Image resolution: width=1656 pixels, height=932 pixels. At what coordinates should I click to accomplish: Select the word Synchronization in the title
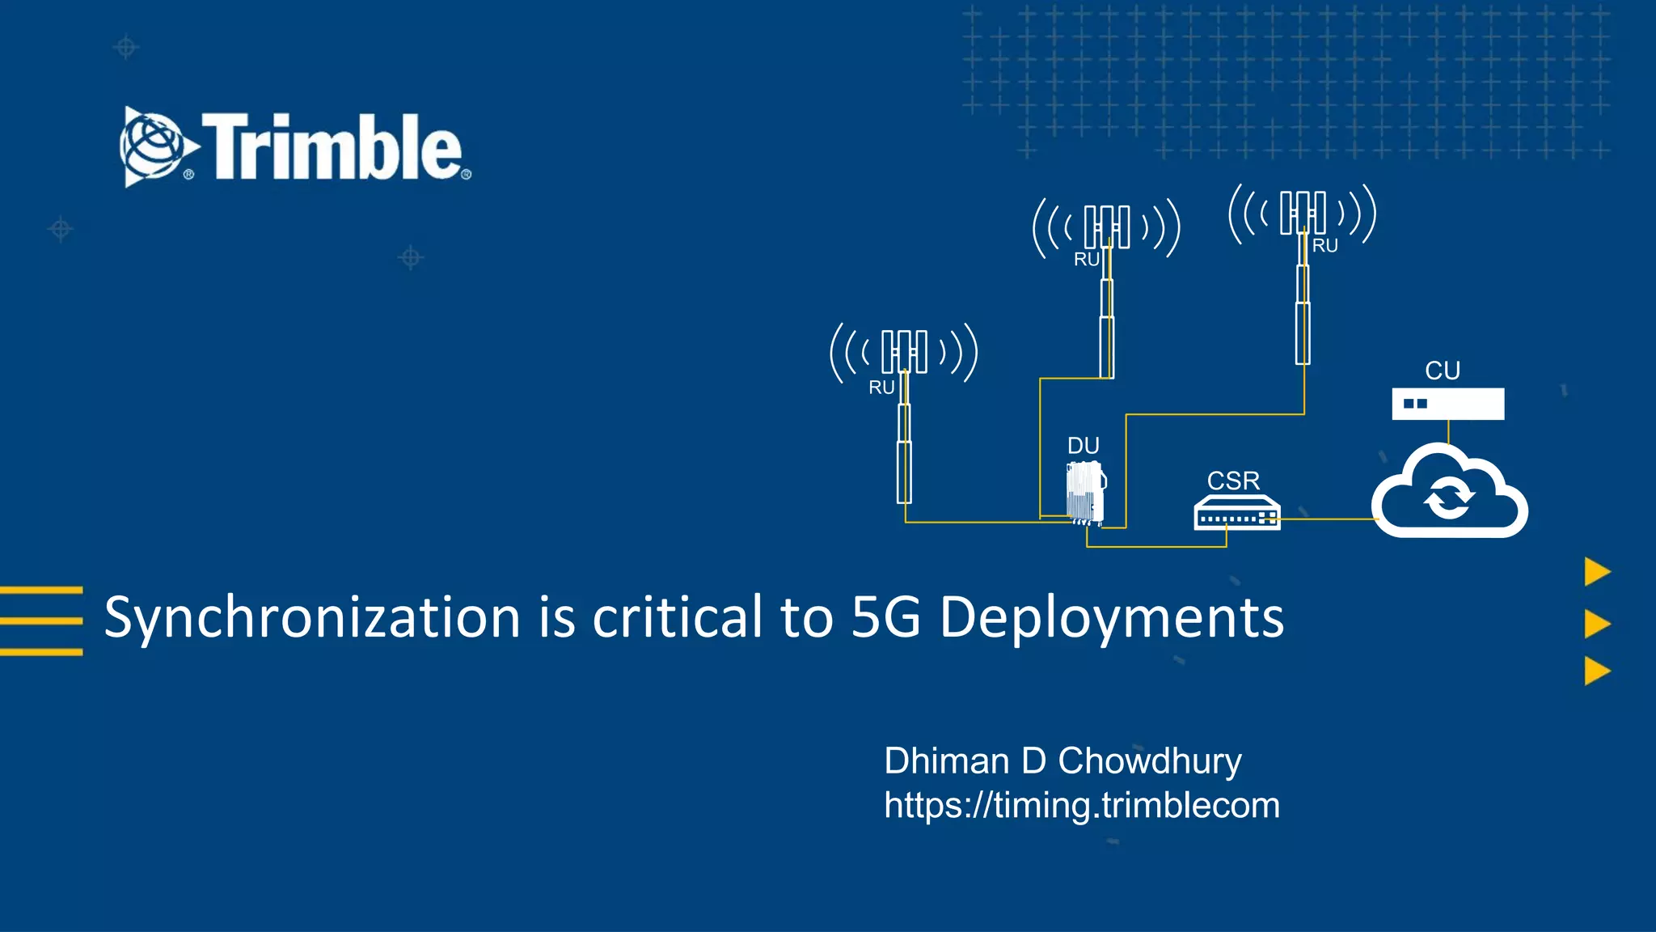point(312,618)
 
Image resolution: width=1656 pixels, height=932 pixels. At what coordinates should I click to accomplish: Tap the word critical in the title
point(678,618)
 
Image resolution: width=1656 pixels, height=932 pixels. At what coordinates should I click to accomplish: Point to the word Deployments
point(1111,618)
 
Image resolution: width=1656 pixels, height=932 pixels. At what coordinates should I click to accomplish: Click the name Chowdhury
point(1149,761)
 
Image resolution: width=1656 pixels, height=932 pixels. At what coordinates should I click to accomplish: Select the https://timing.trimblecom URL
point(1081,806)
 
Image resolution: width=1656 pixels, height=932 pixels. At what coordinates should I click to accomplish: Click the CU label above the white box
point(1442,371)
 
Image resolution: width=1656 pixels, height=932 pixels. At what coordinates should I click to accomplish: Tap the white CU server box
point(1447,404)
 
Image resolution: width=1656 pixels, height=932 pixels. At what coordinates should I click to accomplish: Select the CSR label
point(1233,481)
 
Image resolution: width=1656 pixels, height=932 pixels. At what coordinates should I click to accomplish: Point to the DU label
point(1083,446)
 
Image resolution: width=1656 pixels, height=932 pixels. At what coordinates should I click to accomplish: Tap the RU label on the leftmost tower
point(881,388)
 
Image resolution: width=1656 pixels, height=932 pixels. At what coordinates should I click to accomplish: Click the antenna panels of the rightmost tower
point(1303,213)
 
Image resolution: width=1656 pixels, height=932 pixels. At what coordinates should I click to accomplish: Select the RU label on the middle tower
point(1086,260)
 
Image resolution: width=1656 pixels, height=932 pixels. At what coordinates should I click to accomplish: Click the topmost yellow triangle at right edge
point(1596,572)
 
